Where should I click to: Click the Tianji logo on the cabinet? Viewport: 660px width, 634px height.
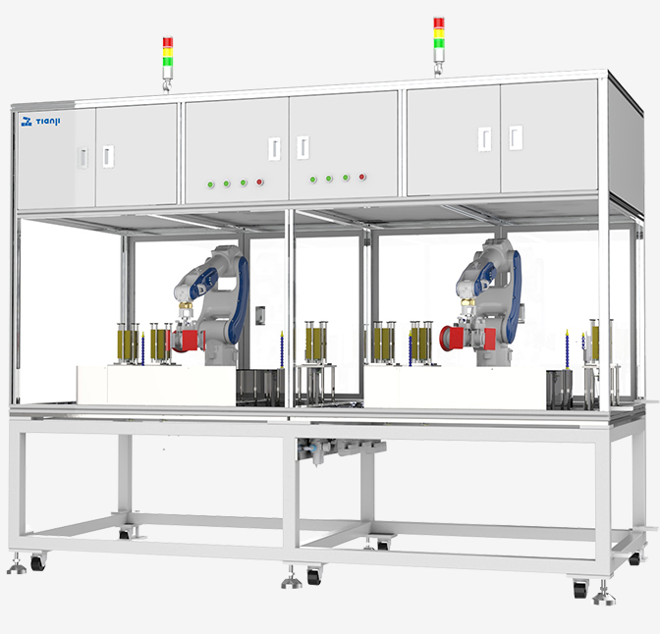(40, 122)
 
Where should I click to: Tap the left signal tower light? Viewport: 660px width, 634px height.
(168, 64)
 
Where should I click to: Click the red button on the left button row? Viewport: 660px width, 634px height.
(259, 182)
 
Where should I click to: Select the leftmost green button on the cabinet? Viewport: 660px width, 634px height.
(210, 185)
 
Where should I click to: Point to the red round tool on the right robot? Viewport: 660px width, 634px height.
(452, 338)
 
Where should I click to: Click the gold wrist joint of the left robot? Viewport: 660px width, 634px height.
(186, 304)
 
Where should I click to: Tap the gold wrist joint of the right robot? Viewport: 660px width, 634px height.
(467, 301)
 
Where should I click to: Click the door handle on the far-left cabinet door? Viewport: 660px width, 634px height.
(83, 158)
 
